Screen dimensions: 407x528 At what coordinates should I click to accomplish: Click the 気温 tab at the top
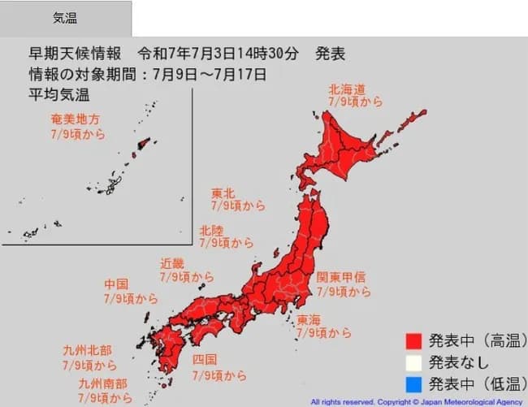tap(65, 18)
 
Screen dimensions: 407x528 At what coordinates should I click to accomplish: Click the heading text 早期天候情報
tap(75, 54)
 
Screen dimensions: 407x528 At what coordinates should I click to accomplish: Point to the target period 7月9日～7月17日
tap(216, 76)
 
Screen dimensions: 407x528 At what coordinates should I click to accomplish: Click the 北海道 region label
tap(347, 89)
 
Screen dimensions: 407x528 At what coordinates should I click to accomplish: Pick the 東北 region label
tap(223, 193)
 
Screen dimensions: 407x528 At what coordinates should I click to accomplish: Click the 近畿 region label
tap(172, 263)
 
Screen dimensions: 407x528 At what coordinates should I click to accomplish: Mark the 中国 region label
tap(116, 285)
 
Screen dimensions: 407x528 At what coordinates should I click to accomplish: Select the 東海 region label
tap(309, 319)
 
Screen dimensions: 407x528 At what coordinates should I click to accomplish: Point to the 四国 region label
tap(205, 360)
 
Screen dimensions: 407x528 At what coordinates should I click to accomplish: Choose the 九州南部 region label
tap(103, 383)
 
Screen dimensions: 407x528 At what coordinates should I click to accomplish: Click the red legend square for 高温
tap(413, 341)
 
